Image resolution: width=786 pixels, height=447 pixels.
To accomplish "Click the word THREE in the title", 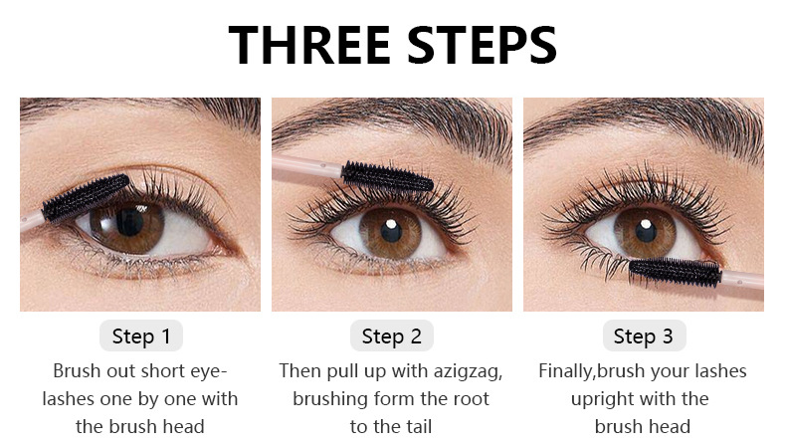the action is tap(309, 45).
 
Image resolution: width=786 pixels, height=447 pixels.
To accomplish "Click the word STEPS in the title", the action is tap(482, 45).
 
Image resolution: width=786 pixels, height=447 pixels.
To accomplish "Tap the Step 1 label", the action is tap(141, 335).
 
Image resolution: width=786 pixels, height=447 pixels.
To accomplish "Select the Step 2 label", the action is tap(391, 335).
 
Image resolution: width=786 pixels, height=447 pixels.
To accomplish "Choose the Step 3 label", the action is tap(644, 335).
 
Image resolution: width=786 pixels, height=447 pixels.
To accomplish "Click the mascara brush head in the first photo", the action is tap(86, 198).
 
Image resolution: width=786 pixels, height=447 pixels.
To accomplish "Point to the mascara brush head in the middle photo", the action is tap(386, 176).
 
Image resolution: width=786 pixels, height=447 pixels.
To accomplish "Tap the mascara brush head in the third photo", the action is tap(675, 273).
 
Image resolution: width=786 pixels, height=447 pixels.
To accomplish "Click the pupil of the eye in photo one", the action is tap(129, 221).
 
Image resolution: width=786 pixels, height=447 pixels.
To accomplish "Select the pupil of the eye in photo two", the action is tap(391, 231).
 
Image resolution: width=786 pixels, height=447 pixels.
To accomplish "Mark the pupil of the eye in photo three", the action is tap(646, 231).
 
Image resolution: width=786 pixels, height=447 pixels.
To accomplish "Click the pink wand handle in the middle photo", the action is tap(307, 167).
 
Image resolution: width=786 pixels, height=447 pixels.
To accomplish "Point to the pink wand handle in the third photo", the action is tap(742, 280).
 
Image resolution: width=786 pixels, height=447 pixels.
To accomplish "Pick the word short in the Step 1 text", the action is tap(157, 371).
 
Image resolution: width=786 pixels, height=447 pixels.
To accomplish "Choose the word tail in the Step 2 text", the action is tap(416, 427).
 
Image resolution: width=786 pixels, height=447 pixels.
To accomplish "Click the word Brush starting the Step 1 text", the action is tap(76, 371).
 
